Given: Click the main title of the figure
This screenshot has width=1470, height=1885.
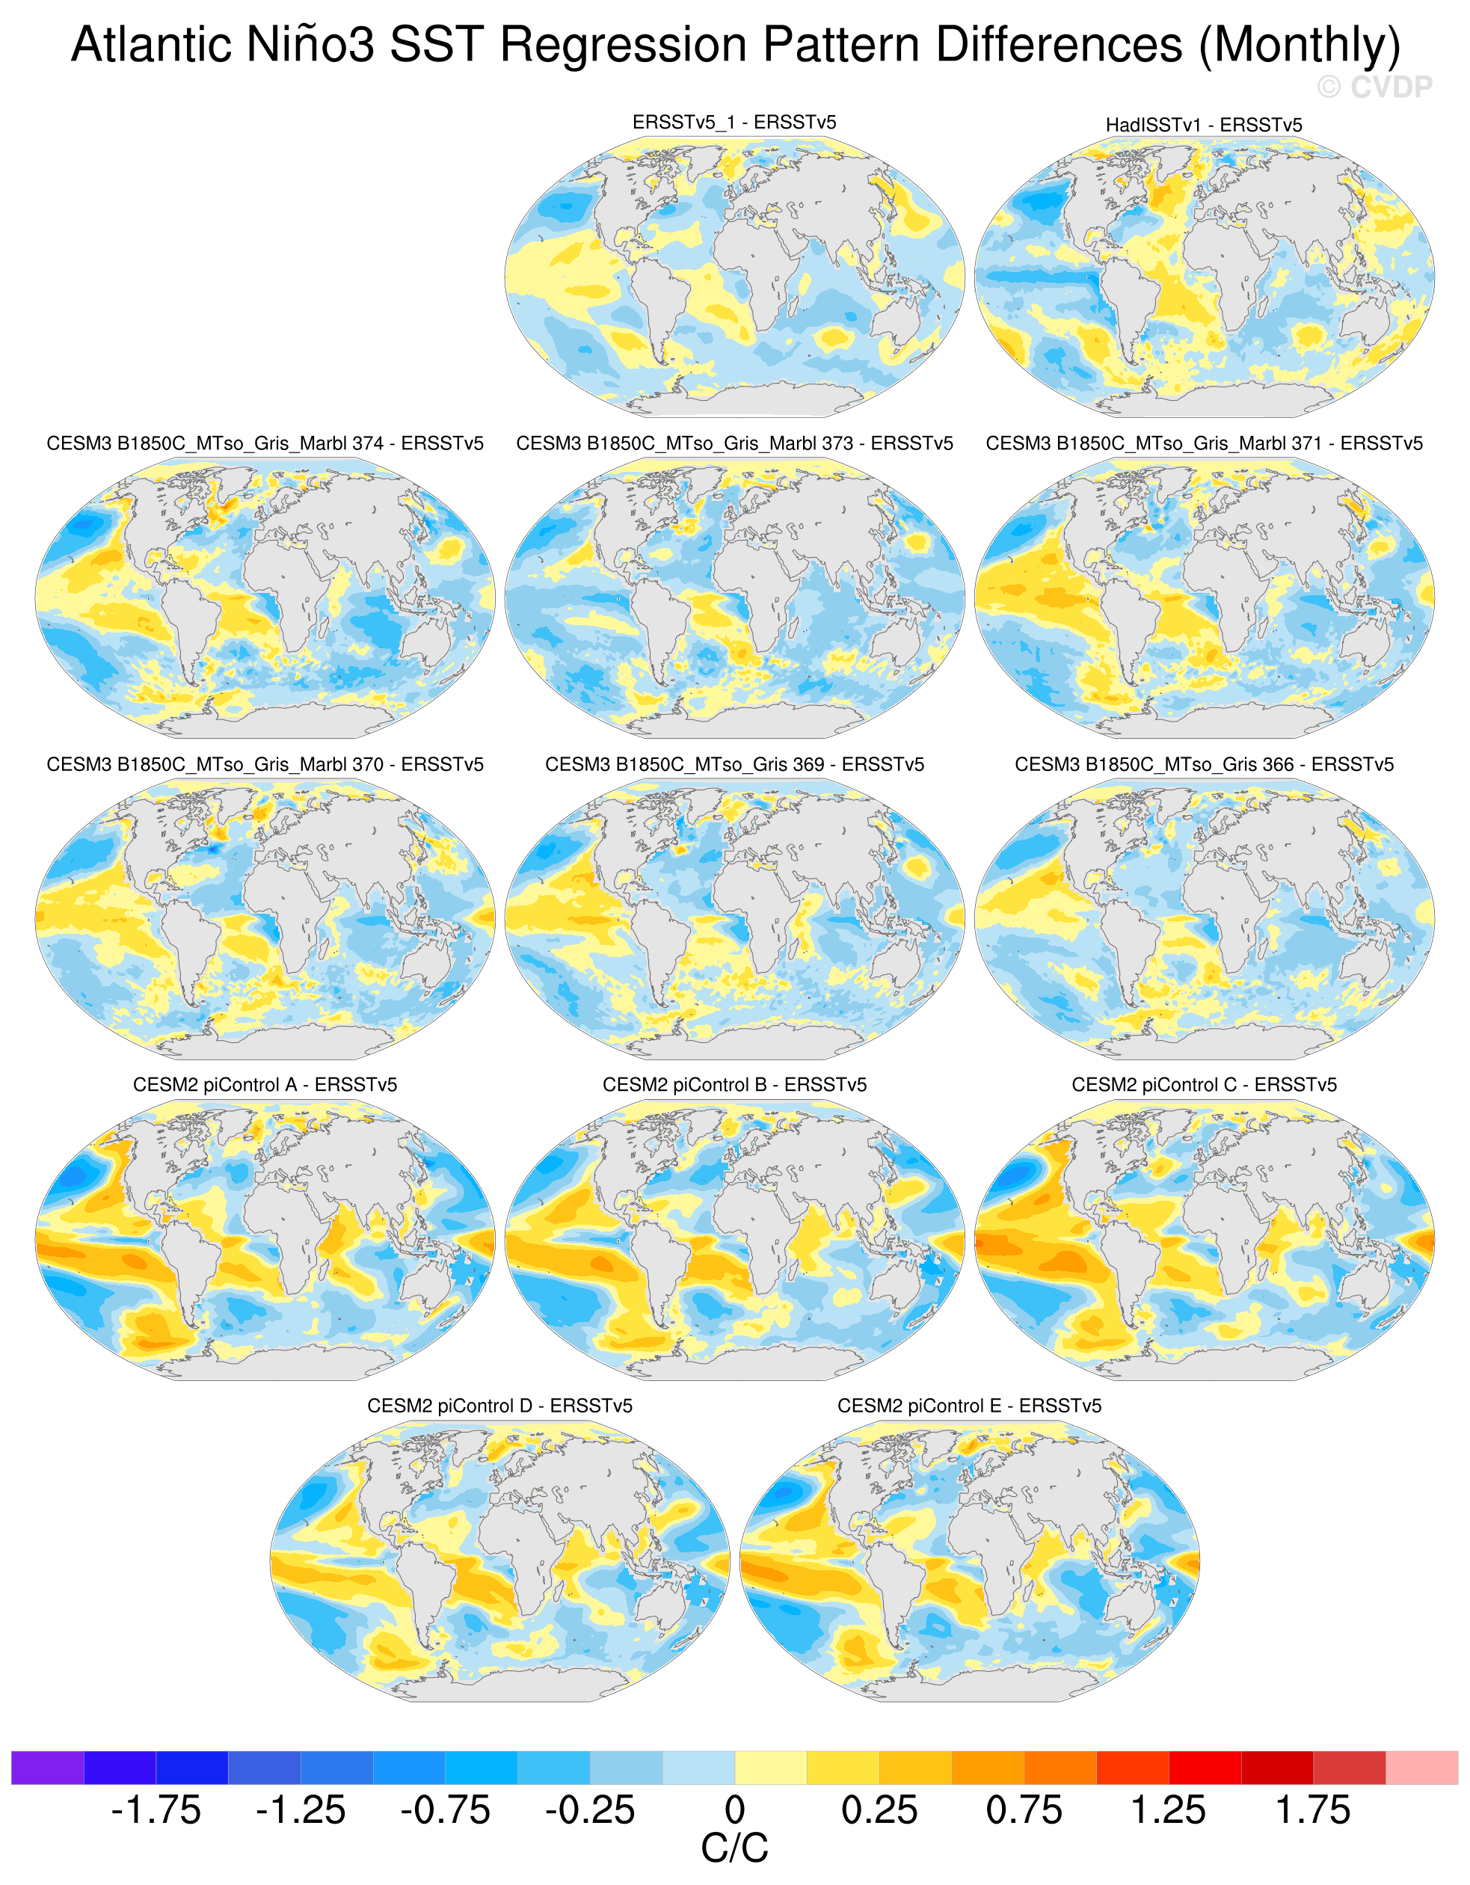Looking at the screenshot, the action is [x=736, y=45].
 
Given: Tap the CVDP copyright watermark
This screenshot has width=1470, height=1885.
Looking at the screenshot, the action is [x=1374, y=87].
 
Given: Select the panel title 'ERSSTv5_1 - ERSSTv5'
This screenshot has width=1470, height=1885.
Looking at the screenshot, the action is [x=734, y=123].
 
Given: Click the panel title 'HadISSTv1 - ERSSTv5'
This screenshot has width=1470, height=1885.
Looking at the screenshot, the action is [x=1204, y=125].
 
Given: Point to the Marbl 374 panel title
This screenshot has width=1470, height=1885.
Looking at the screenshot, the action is [x=265, y=443].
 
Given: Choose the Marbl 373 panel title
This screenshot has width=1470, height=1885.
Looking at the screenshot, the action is [x=734, y=443].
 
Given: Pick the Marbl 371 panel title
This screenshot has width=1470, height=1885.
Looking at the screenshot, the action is [x=1204, y=443].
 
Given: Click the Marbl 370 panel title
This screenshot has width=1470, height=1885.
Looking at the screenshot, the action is [x=265, y=765].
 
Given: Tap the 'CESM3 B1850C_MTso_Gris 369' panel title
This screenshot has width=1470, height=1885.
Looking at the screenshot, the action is [x=734, y=765].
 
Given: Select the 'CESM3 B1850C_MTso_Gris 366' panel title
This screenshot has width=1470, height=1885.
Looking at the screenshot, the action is [x=1204, y=765].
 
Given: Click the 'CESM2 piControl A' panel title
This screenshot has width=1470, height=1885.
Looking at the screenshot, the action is [x=265, y=1085].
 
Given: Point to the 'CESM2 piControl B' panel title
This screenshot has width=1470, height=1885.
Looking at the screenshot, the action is [x=734, y=1085].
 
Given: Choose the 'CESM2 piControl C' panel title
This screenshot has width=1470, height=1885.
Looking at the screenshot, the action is [x=1204, y=1085].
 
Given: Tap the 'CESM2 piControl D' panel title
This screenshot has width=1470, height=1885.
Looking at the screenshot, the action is [x=499, y=1406].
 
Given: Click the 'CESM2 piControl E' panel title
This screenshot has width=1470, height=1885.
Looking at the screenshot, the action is [x=969, y=1406].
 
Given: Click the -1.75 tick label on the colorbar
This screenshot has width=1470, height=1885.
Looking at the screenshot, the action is [x=156, y=1810].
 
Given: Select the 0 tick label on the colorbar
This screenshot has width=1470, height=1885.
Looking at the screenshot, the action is [x=734, y=1810].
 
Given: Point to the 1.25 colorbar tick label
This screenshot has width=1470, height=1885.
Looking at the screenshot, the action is [x=1169, y=1810].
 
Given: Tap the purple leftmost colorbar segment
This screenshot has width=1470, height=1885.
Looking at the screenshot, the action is [x=47, y=1768].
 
